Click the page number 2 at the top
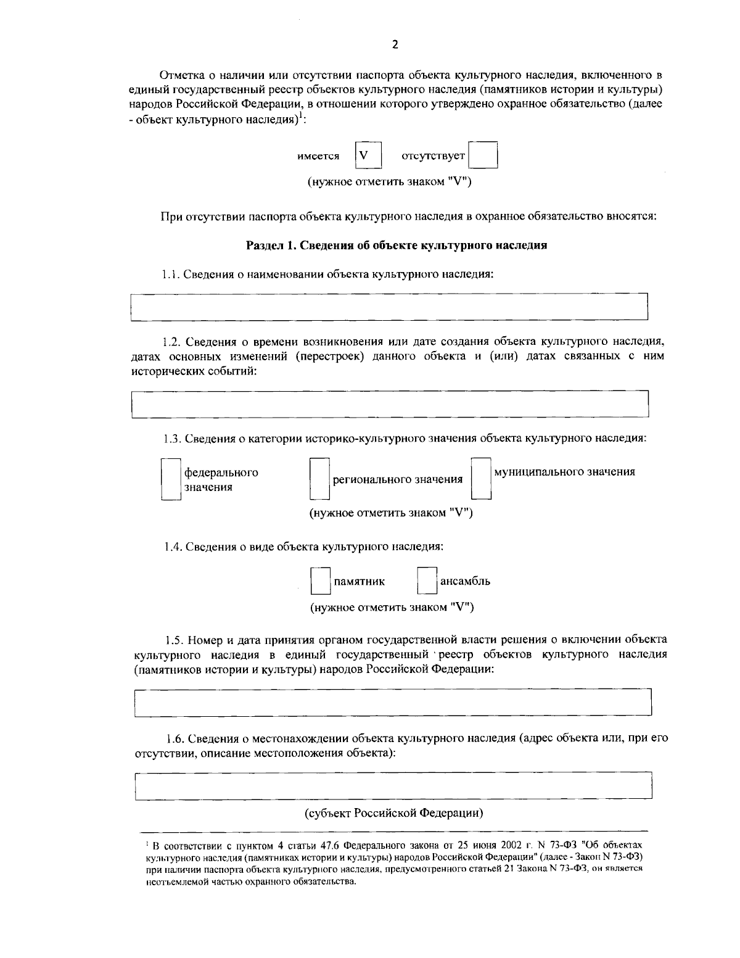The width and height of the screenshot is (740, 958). coord(395,44)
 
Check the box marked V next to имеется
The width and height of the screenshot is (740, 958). coord(368,155)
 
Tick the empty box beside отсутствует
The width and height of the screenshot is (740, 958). coord(482,155)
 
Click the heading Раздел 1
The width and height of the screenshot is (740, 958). coord(397,246)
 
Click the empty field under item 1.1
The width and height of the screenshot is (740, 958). coord(389,307)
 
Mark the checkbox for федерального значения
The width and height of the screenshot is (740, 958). coord(171,479)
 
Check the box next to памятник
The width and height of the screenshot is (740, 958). coord(320,581)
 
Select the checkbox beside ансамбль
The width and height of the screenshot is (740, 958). coord(427,581)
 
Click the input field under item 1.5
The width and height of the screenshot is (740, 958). coord(393,703)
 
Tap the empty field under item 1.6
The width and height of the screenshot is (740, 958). coord(393,785)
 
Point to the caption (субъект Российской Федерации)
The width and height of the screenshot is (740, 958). coord(394,812)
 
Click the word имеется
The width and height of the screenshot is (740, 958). coord(318,157)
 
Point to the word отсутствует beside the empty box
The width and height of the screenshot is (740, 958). coord(433,157)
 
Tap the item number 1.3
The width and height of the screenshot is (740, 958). coord(173,439)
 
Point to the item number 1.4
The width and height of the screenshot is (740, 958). coord(173,547)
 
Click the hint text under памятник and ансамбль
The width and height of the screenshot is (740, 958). coord(392,607)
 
